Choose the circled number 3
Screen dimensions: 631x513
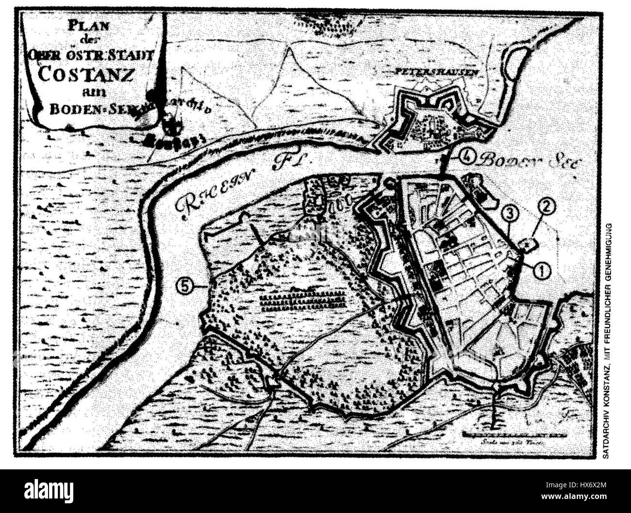pyautogui.click(x=508, y=211)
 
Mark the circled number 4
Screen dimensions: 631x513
pyautogui.click(x=466, y=156)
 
